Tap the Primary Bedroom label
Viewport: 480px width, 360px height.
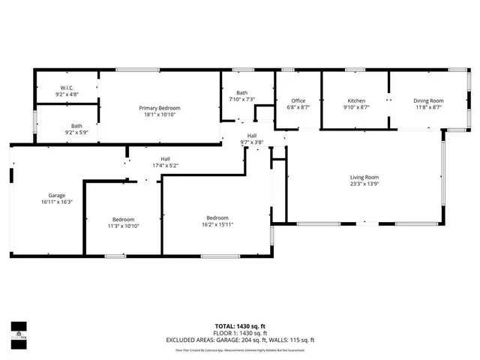(160, 108)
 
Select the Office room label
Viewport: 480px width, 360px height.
(298, 100)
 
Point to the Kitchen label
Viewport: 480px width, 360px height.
(356, 100)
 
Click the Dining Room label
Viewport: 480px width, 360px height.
(428, 100)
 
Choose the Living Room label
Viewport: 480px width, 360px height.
(365, 177)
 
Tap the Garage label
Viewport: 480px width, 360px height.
(52, 194)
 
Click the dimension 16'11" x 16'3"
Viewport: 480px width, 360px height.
(52, 202)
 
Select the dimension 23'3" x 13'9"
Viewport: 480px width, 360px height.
(365, 184)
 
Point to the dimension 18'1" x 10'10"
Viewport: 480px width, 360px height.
(160, 115)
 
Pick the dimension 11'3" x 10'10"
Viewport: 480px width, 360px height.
(123, 226)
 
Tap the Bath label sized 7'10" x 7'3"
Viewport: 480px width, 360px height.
(241, 92)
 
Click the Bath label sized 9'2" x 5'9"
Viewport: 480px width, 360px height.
(76, 125)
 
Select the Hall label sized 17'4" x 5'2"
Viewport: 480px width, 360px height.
(164, 158)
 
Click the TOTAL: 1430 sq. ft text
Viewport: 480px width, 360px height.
(241, 325)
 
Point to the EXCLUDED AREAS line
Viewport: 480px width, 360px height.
(241, 340)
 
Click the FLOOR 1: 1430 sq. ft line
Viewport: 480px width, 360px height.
(241, 333)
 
